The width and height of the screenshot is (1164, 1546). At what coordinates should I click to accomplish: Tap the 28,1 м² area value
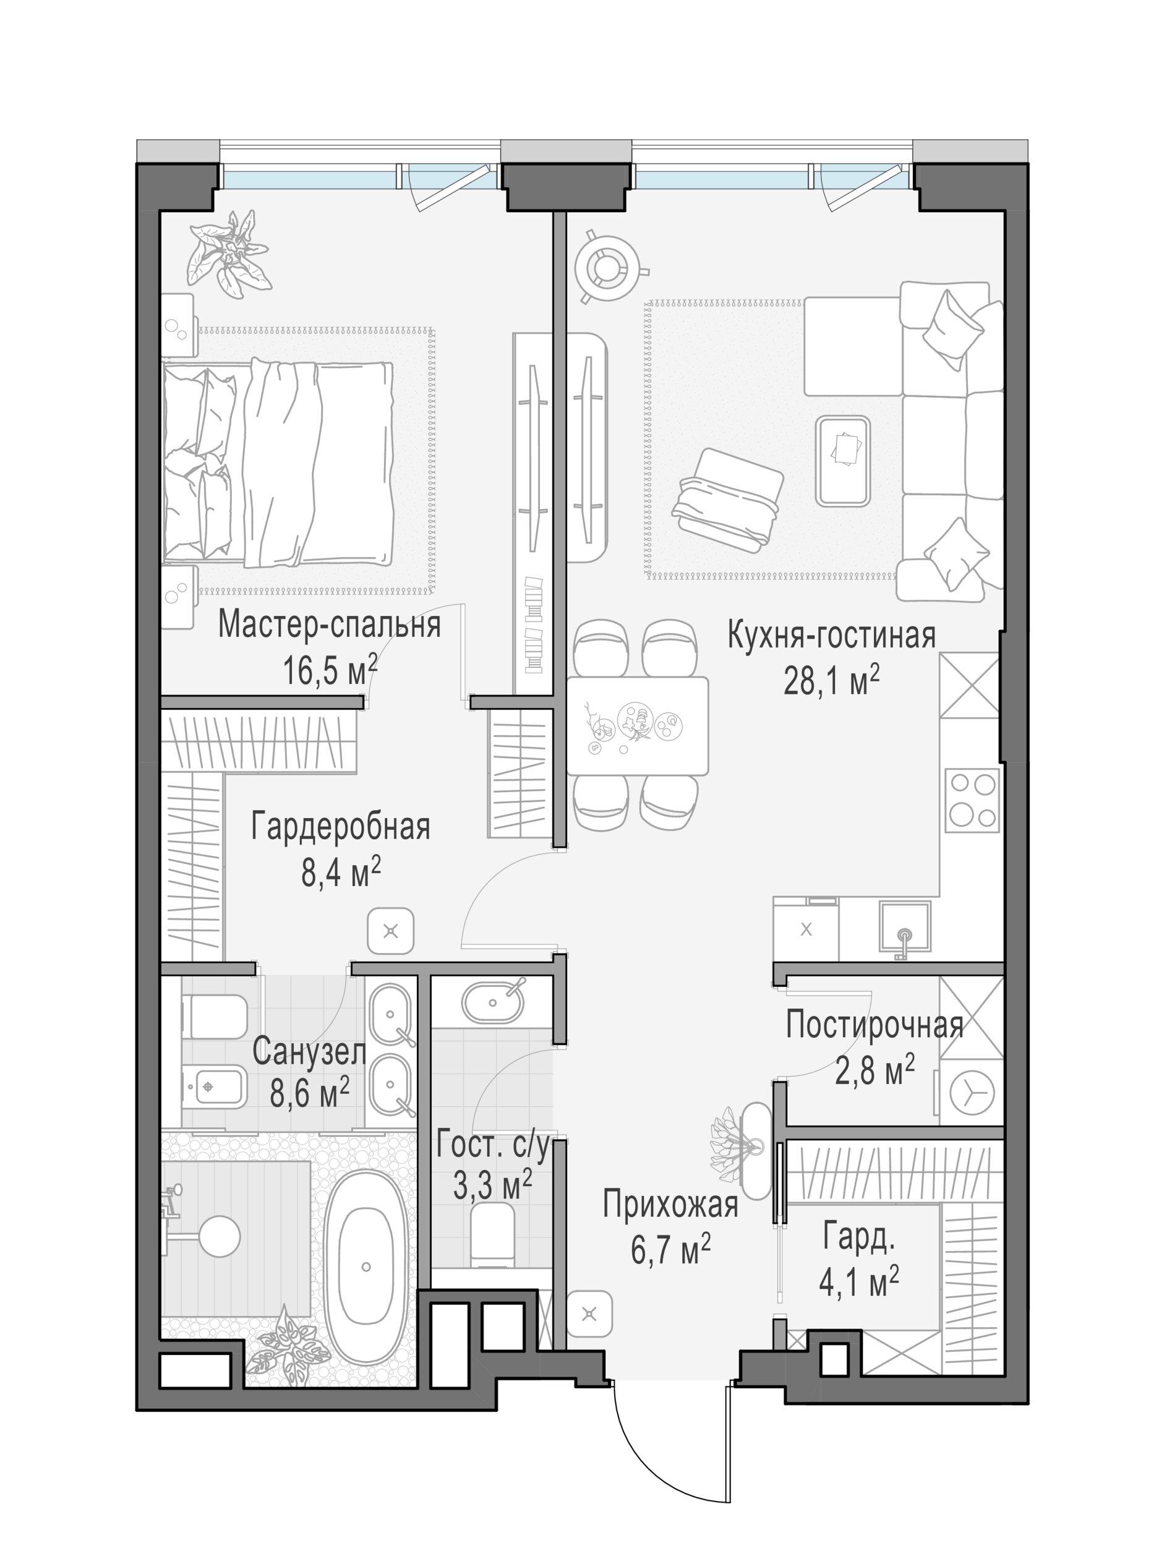831,680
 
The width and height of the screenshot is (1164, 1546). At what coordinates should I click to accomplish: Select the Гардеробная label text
340,826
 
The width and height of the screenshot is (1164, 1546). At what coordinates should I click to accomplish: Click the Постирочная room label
875,1025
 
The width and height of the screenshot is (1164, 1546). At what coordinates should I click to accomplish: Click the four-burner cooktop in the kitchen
972,801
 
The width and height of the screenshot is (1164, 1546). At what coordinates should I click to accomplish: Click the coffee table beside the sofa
843,461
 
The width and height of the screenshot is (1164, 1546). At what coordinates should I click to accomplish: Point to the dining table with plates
637,725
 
